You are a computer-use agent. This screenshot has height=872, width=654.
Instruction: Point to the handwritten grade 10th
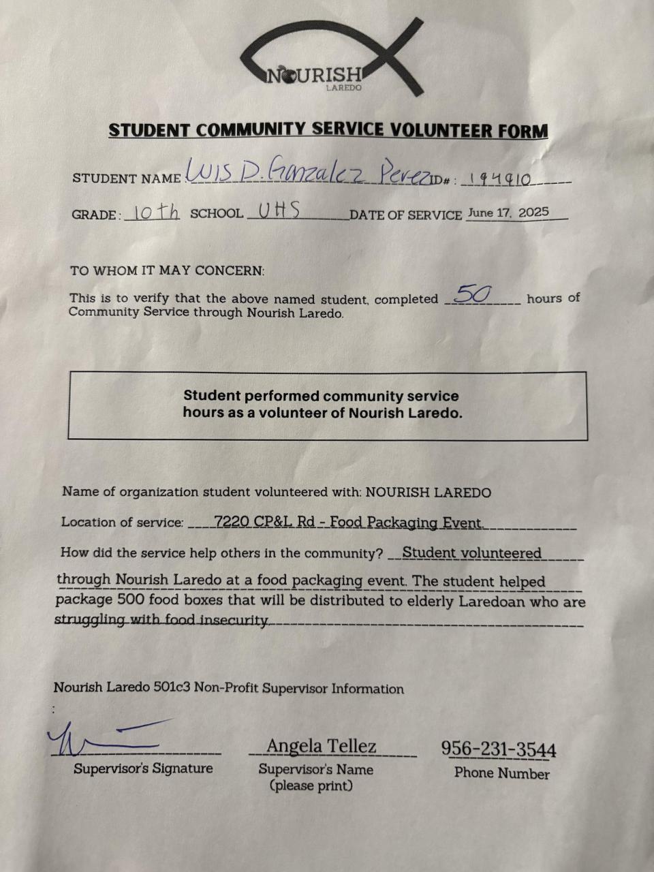155,212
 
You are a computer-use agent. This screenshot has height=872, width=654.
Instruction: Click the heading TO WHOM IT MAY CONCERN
167,270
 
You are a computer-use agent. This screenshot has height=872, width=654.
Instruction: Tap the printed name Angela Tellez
321,747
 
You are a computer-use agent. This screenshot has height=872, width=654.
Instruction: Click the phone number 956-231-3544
499,749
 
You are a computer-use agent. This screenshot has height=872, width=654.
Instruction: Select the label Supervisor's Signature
143,768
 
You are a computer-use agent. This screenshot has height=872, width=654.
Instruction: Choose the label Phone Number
501,773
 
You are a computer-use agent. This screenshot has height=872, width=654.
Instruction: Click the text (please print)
311,785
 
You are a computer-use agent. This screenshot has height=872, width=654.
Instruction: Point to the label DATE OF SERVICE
405,215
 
